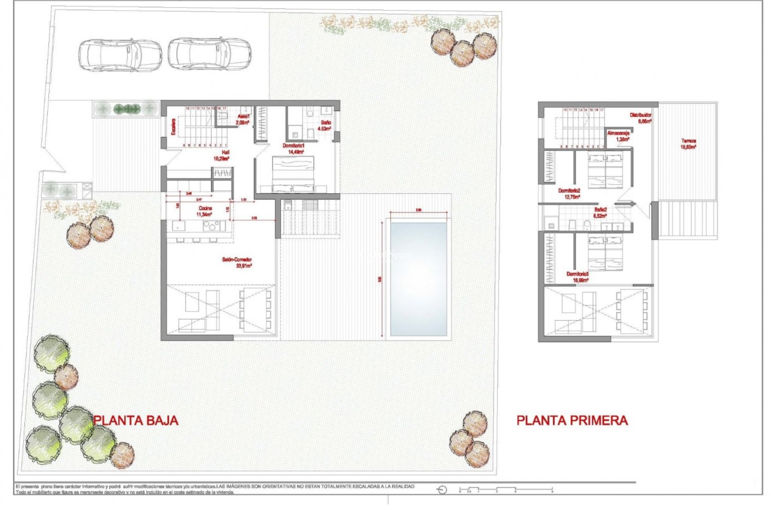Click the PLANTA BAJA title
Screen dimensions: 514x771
[136, 420]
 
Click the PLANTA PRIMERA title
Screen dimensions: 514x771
[572, 420]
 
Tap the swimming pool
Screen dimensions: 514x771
[418, 279]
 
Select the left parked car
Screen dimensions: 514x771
[120, 55]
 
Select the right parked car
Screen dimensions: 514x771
[209, 54]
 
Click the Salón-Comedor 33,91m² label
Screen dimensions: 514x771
[237, 263]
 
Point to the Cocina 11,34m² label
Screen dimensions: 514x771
[205, 211]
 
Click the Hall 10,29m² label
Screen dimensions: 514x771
[221, 155]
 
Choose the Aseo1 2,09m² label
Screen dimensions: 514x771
[243, 119]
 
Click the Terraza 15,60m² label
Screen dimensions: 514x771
[688, 144]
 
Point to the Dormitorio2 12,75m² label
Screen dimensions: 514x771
[569, 194]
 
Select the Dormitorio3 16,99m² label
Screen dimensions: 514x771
[577, 277]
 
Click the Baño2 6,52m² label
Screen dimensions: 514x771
[600, 212]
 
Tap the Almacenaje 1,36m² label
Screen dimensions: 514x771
[618, 136]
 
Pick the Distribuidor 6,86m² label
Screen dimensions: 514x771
[640, 118]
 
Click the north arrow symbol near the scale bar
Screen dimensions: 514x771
[442, 490]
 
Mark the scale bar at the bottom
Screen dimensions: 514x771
[506, 490]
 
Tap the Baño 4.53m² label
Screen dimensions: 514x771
[324, 125]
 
